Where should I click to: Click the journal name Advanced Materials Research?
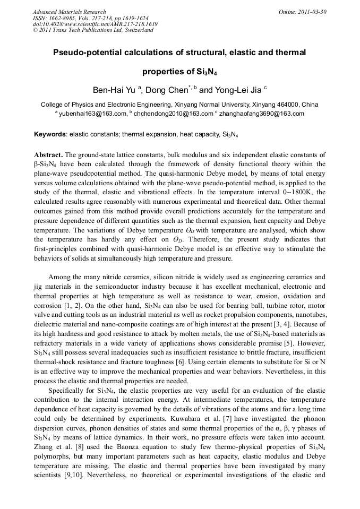pos(69,12)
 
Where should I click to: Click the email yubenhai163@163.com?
pos(92,114)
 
